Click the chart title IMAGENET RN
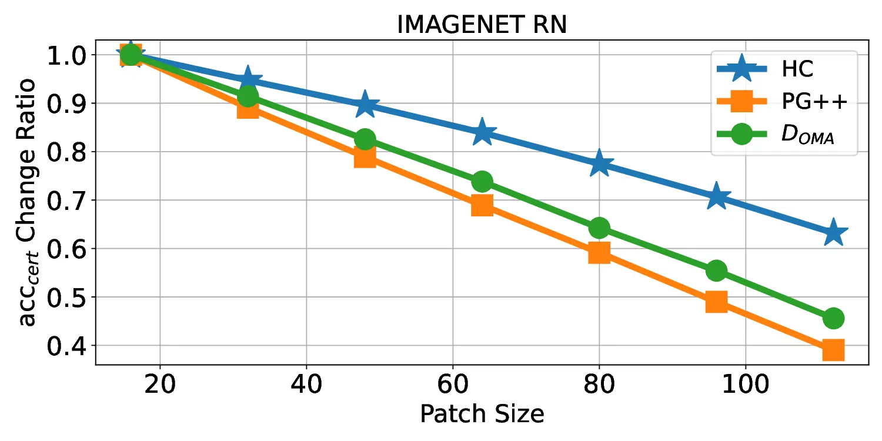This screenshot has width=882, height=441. point(482,25)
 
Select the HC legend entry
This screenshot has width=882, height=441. point(797,69)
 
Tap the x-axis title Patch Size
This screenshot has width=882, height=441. point(482,414)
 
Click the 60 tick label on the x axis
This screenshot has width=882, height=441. point(452,385)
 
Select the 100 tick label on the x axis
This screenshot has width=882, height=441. point(745,385)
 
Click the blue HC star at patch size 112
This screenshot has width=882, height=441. point(833,233)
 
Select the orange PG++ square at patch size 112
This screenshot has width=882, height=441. point(833,350)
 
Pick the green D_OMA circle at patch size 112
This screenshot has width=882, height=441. point(833,318)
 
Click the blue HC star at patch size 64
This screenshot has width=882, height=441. point(482,133)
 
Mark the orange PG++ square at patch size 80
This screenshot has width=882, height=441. point(599,253)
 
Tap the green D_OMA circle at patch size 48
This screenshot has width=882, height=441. point(365,139)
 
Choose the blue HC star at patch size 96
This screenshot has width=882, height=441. point(716,196)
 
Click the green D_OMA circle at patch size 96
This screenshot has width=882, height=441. point(716,270)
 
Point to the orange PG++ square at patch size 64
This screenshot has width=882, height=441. point(482,205)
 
